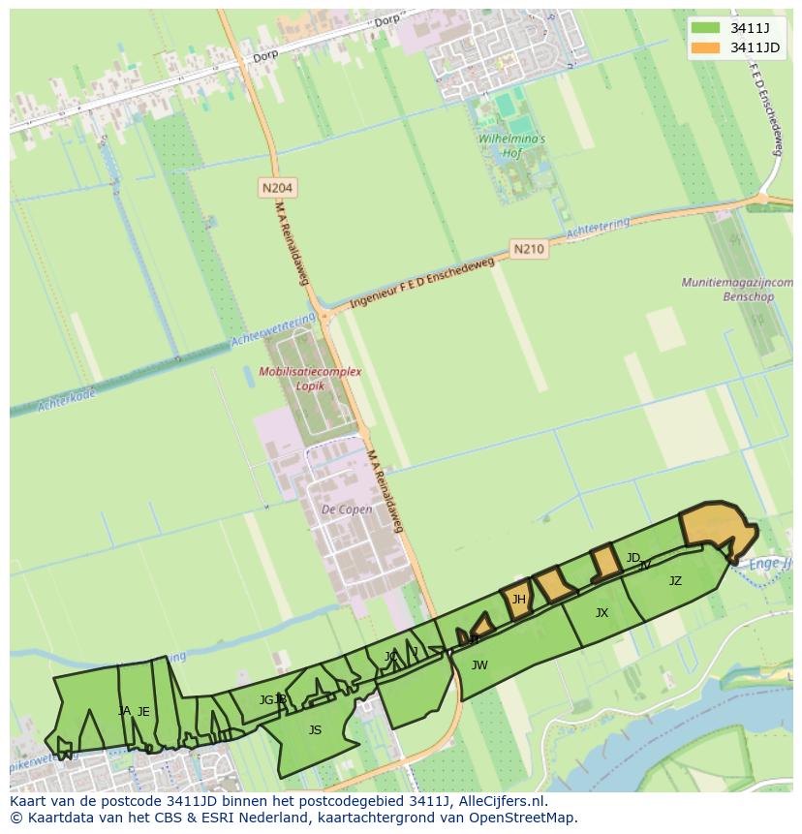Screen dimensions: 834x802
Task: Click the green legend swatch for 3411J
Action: point(705,27)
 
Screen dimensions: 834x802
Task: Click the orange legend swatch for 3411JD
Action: point(705,47)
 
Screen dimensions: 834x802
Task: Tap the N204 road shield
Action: point(277,187)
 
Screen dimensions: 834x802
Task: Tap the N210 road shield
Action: point(528,249)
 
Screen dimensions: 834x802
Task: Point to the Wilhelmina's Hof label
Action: point(511,145)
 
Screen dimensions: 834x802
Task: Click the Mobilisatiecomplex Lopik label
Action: point(310,378)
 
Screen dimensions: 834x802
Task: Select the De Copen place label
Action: point(346,510)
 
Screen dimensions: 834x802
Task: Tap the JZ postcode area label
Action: point(675,581)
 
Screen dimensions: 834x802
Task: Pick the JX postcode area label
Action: point(601,613)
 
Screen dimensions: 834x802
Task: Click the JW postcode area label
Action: point(479,665)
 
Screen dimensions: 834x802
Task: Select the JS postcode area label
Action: point(315,730)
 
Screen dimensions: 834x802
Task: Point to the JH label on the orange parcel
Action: point(518,600)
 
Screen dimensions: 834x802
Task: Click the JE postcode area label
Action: point(143,712)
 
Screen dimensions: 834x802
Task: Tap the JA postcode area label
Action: point(124,711)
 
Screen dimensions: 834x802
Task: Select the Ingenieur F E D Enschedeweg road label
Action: point(422,283)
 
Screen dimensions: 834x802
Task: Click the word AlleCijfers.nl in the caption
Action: point(501,801)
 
